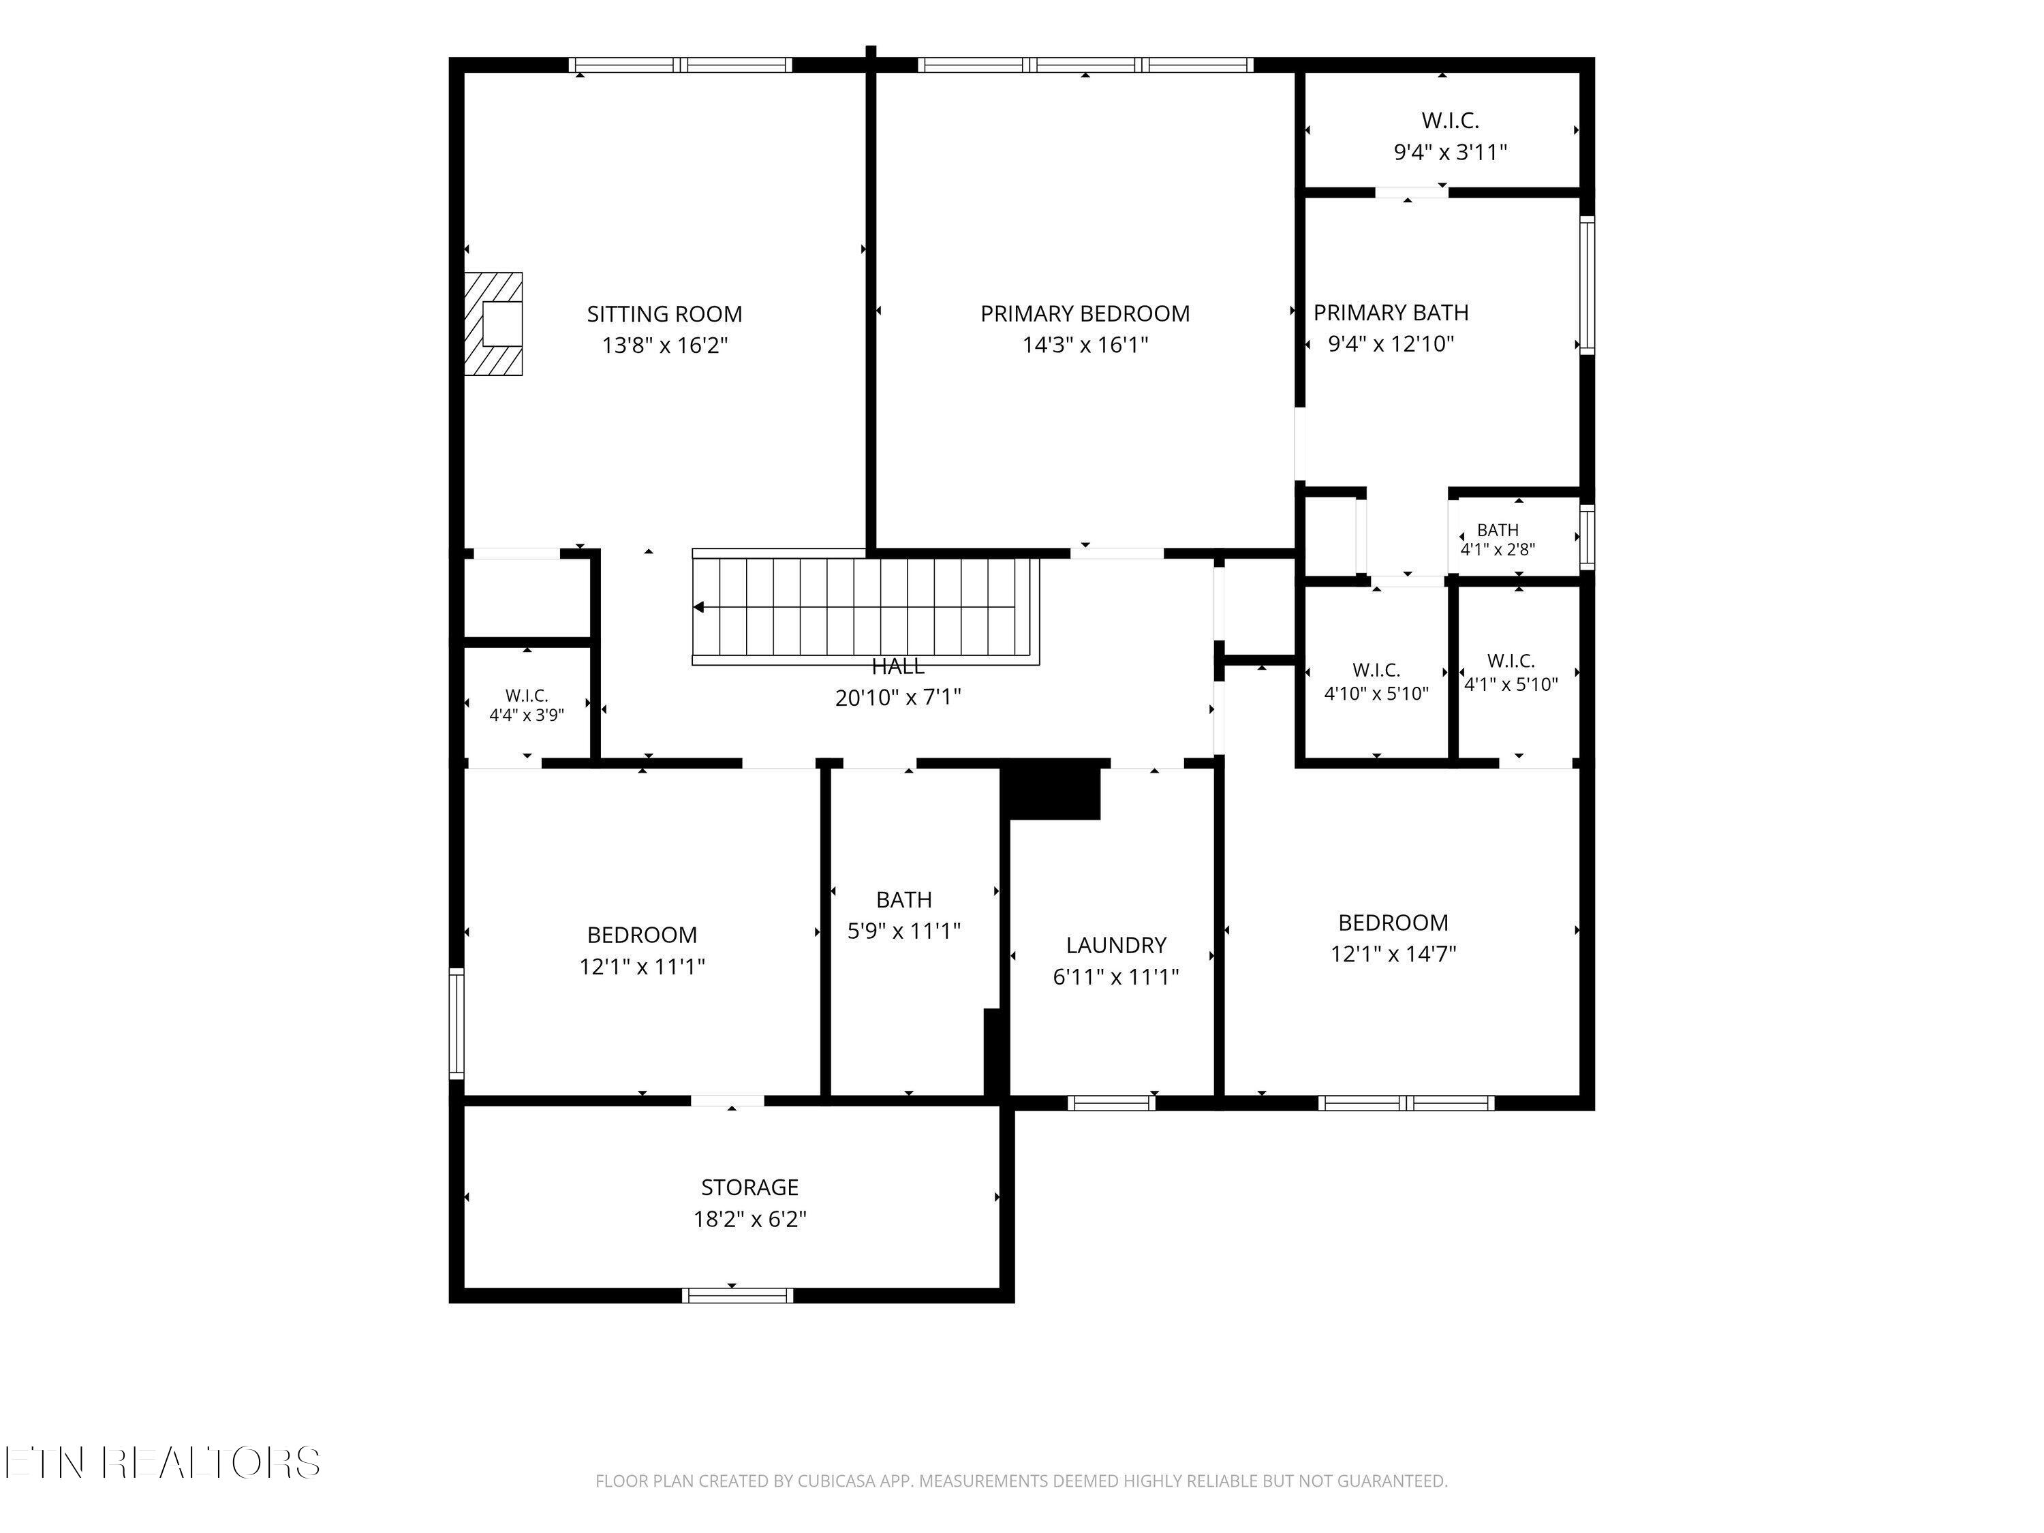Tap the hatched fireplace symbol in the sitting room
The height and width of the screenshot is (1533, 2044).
(493, 324)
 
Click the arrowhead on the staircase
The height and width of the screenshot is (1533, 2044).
(698, 607)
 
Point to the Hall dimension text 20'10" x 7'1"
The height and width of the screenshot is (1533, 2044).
(898, 698)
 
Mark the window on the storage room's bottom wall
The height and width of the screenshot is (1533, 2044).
(737, 1295)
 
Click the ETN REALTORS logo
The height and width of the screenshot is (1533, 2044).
(163, 1462)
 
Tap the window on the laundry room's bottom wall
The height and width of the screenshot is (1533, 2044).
(1112, 1102)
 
